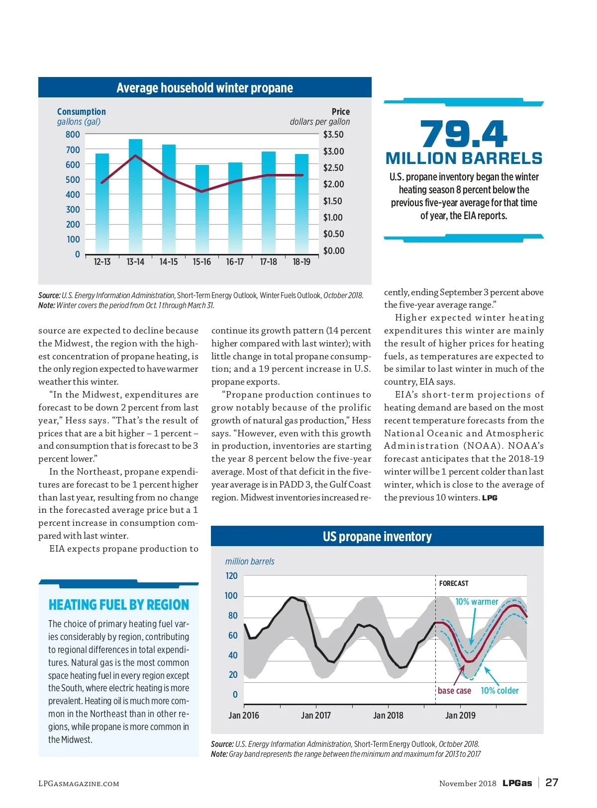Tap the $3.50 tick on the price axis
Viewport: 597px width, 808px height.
pyautogui.click(x=333, y=135)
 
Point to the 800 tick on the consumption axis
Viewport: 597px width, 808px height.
pyautogui.click(x=73, y=135)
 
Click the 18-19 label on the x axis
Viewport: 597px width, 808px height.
pyautogui.click(x=301, y=262)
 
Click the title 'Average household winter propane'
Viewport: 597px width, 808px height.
pyautogui.click(x=204, y=88)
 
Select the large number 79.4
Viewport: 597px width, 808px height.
pyautogui.click(x=464, y=134)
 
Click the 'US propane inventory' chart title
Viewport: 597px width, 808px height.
pyautogui.click(x=377, y=537)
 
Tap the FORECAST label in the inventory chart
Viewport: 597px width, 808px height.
pyautogui.click(x=454, y=583)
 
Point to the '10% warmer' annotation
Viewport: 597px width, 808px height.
pyautogui.click(x=477, y=602)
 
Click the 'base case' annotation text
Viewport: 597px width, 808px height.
pyautogui.click(x=454, y=691)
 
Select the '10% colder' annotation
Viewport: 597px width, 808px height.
pyautogui.click(x=499, y=691)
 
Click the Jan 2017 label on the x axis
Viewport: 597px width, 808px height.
pyautogui.click(x=316, y=716)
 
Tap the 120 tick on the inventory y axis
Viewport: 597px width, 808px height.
pyautogui.click(x=232, y=576)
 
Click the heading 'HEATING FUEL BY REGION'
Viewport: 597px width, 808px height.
pyautogui.click(x=119, y=605)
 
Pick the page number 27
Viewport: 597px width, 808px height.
pyautogui.click(x=552, y=783)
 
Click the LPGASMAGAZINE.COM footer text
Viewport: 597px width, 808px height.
pyautogui.click(x=79, y=784)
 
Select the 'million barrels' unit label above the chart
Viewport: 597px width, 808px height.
pyautogui.click(x=250, y=562)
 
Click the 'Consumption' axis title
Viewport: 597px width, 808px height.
pyautogui.click(x=82, y=112)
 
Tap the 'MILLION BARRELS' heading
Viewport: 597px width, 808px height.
pyautogui.click(x=464, y=159)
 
